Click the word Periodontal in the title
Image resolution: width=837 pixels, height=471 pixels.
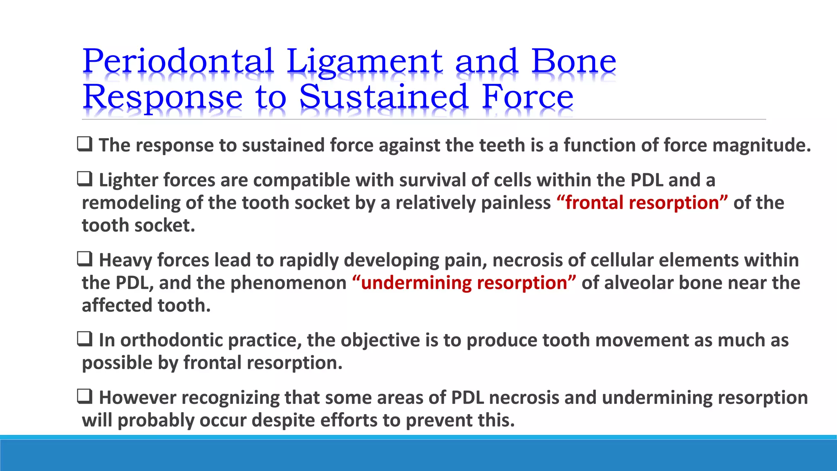(x=178, y=61)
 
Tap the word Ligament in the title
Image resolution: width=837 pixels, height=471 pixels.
(x=364, y=61)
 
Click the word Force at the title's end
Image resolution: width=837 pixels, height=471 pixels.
(x=528, y=97)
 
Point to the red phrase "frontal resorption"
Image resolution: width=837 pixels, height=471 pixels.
(x=642, y=203)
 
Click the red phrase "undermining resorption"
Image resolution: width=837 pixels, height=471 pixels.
(x=464, y=283)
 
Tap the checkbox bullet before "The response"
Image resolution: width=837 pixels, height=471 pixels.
(x=85, y=144)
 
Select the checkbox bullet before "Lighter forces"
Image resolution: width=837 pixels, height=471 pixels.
(x=85, y=179)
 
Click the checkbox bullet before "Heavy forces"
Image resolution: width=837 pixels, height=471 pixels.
(x=85, y=259)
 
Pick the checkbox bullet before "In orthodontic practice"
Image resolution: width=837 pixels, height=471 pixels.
(x=85, y=339)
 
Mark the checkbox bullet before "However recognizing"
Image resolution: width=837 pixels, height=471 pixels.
(x=85, y=397)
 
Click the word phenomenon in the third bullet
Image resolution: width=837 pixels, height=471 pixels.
(x=289, y=283)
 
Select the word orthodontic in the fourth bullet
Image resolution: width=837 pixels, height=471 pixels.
(x=171, y=341)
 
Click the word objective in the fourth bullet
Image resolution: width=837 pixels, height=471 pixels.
(x=380, y=341)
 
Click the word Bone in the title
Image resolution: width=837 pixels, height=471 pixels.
(x=574, y=61)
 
